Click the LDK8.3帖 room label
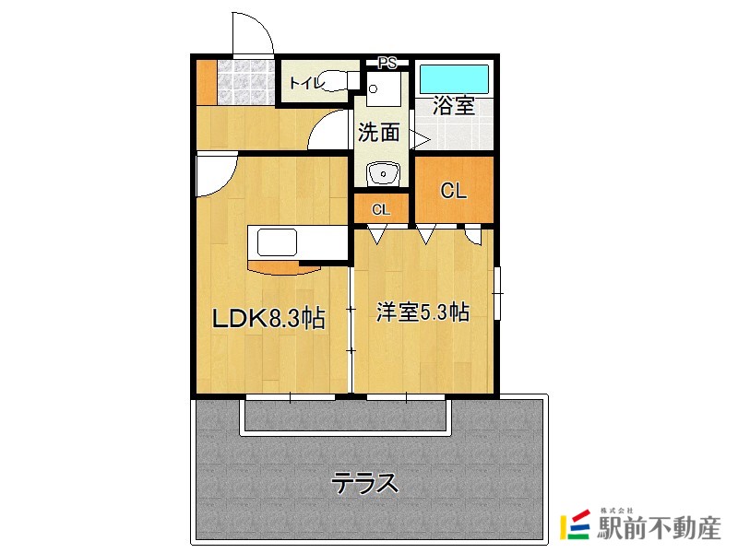tap(268, 319)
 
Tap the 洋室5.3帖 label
tap(422, 312)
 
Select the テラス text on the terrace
tap(365, 482)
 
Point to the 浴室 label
tap(454, 105)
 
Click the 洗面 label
tap(379, 133)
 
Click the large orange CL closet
tap(453, 191)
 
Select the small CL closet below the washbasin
tap(381, 209)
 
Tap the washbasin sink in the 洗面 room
tap(381, 172)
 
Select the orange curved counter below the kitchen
tap(284, 268)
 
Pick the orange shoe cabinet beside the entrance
tap(206, 84)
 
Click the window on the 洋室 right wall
tap(498, 293)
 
